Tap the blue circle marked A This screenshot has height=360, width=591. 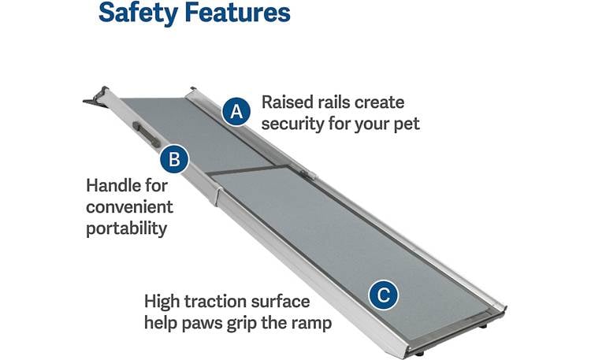[235, 111]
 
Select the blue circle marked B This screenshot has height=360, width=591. [174, 160]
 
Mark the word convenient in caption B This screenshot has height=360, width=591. [129, 208]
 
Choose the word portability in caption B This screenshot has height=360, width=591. [127, 228]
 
